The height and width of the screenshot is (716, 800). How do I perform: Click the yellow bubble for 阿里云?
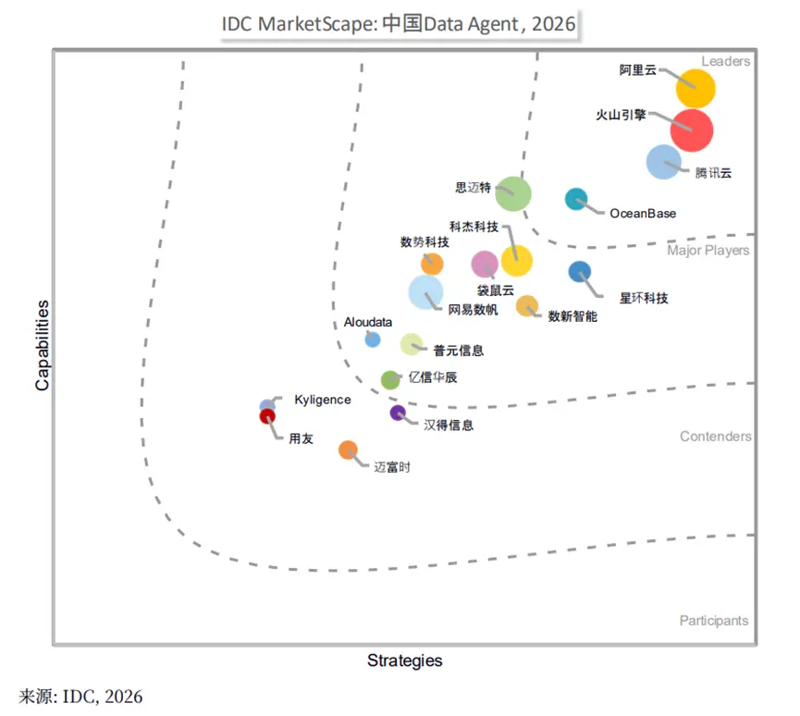(695, 88)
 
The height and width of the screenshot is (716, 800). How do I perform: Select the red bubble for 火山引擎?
(692, 130)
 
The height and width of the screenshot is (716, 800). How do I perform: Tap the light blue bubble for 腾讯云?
(664, 162)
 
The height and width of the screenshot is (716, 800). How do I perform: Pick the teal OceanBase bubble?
(576, 199)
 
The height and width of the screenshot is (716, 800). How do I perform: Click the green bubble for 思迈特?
(513, 194)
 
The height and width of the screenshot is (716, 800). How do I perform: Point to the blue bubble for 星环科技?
(580, 272)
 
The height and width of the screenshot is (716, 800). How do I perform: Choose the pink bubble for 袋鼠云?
(485, 264)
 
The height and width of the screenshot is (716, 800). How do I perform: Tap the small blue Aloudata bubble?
(373, 339)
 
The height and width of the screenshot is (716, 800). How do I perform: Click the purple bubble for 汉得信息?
(398, 413)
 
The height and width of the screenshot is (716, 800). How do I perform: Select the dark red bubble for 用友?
(267, 416)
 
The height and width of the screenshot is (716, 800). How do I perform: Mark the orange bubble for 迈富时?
(348, 451)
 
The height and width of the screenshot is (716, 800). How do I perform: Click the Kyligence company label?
(323, 400)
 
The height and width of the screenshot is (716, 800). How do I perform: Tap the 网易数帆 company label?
(473, 310)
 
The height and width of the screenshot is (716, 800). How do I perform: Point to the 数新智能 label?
(572, 316)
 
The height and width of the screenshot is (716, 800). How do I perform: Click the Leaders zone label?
(725, 61)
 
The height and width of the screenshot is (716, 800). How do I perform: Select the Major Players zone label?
(708, 250)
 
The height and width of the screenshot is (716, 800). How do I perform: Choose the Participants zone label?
(714, 621)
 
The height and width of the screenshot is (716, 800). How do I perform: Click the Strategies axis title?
(404, 660)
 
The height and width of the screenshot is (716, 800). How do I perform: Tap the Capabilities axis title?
(43, 345)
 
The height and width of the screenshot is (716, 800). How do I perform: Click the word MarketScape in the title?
(317, 24)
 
